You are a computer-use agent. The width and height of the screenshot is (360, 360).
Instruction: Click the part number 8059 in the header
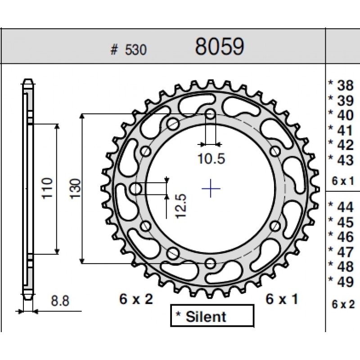coord(220,47)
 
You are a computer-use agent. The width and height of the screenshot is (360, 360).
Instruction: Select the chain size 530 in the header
coord(135,50)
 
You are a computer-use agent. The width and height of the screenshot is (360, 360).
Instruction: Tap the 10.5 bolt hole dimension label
coord(211,158)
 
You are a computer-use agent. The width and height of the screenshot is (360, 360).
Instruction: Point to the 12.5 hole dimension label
coord(180,206)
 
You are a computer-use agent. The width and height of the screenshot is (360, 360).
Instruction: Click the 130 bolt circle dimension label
coord(76,189)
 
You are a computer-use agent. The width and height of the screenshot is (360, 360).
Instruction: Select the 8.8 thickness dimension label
coord(60,301)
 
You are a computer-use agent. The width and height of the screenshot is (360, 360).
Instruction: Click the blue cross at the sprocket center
coord(211,189)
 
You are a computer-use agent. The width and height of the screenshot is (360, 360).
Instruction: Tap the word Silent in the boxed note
coord(206,317)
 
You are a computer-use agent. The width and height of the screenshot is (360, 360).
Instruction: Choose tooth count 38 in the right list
coord(345,85)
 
